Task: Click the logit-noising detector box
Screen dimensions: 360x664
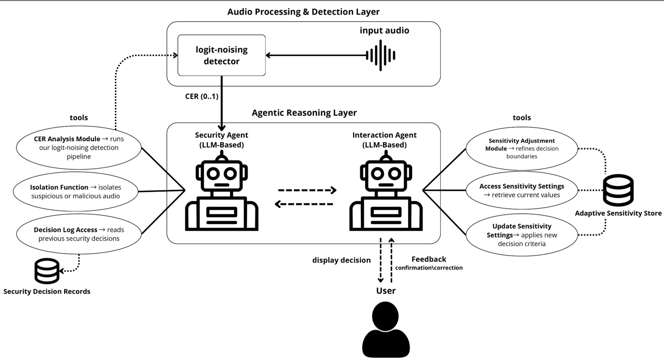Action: click(x=221, y=55)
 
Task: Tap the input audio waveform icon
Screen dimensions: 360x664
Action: click(x=381, y=55)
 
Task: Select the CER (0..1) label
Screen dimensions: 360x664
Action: click(x=201, y=96)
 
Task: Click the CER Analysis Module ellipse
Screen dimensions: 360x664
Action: click(x=79, y=148)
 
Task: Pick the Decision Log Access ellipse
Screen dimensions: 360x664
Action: click(x=79, y=234)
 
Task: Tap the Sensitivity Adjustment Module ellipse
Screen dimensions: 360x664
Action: click(x=521, y=148)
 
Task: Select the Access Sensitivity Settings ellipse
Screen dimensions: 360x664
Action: click(x=521, y=190)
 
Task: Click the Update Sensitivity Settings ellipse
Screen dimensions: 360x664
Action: click(x=521, y=235)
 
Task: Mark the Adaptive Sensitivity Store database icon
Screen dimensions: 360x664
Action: click(x=618, y=190)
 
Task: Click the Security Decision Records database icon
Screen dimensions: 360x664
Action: click(x=47, y=271)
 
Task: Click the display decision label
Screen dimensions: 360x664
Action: click(x=341, y=260)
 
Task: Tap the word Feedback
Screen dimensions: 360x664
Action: click(x=428, y=259)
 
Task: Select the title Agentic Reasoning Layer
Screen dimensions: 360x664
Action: click(x=304, y=113)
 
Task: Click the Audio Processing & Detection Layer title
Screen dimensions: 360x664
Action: click(x=303, y=11)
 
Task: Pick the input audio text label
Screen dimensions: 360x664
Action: click(x=384, y=31)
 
